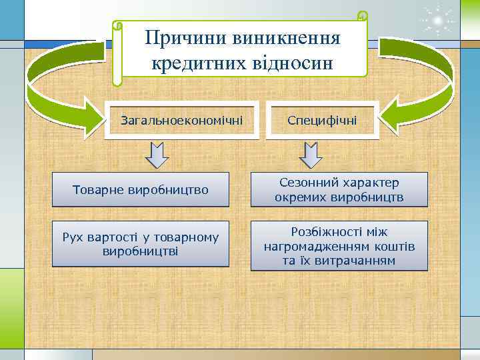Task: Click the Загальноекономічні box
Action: click(x=181, y=121)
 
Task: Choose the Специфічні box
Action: click(x=322, y=121)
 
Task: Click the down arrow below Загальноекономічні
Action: click(x=157, y=155)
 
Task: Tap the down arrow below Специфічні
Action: click(x=311, y=155)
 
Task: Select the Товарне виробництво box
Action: click(x=141, y=190)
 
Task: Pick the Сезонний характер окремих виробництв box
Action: click(x=339, y=190)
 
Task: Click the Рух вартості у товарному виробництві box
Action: click(x=141, y=244)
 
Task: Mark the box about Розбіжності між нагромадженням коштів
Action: click(x=339, y=246)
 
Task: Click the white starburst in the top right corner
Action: click(x=437, y=20)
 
